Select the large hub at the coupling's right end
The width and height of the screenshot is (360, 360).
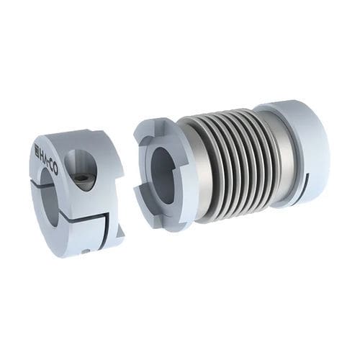[299, 151]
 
